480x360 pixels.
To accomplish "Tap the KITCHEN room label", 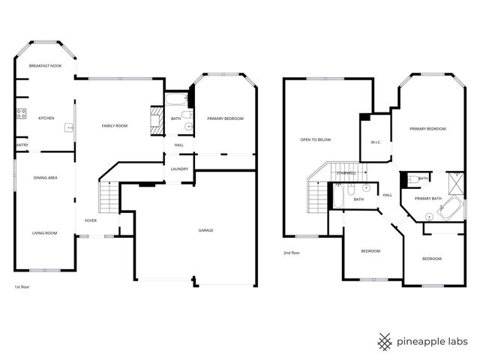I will coord(46,118).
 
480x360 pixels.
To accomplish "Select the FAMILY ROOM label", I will coord(115,126).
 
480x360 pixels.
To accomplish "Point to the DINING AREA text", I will coord(46,178).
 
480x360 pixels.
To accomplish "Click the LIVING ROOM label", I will coord(45,233).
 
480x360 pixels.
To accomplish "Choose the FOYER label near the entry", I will coord(90,220).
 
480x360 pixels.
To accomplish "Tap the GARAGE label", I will coord(205,230).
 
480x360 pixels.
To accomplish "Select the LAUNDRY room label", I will coord(179,169).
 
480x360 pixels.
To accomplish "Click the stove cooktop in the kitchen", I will coord(20,115).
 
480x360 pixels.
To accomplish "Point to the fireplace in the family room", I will coord(156,121).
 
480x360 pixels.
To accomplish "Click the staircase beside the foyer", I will coord(109,199).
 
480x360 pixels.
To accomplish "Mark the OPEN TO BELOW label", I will coord(316,139).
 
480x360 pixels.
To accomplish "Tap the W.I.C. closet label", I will coord(376,142).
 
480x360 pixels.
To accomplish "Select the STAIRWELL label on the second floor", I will coord(346,173).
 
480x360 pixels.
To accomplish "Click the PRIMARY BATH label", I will coord(428,199).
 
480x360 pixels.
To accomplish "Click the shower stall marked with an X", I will coord(454,182).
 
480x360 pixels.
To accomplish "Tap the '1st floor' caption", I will coord(22,287).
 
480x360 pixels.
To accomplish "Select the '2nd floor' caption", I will coord(292,253).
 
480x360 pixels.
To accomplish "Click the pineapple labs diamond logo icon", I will coord(385,342).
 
